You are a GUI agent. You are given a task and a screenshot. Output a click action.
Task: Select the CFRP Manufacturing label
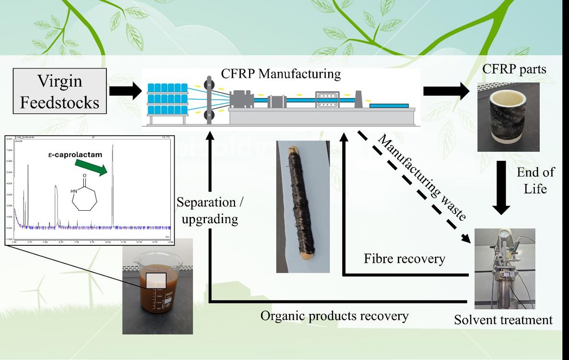tap(281, 74)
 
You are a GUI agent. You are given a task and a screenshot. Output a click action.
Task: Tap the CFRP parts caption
tap(514, 70)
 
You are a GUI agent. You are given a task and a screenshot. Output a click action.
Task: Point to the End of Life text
tap(535, 180)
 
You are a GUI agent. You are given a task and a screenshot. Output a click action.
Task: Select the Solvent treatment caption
tap(503, 319)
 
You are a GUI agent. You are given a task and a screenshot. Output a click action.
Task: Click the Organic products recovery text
tap(334, 316)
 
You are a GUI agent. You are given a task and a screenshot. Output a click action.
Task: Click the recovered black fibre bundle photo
tap(303, 206)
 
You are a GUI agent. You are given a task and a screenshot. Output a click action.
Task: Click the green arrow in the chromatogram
tap(91, 168)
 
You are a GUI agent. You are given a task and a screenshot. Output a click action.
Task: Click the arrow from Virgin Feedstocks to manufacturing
tap(123, 91)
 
